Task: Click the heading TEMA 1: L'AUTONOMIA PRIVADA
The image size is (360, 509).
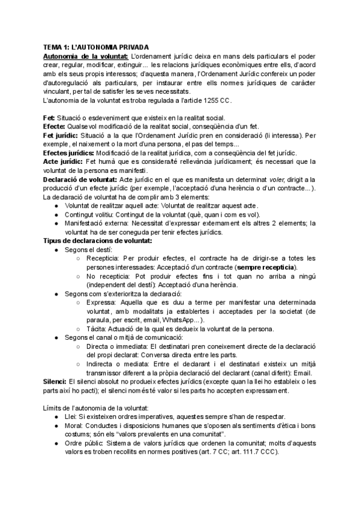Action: click(96, 46)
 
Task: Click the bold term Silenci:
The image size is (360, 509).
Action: click(55, 381)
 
